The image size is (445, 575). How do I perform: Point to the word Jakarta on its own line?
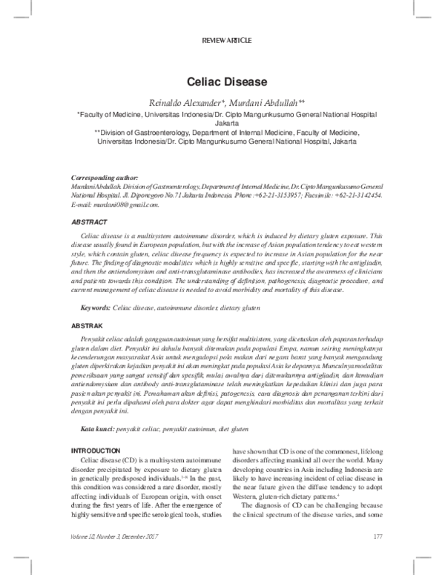tap(222, 125)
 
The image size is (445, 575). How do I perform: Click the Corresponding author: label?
tap(104, 179)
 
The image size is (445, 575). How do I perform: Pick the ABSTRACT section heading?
tap(88, 222)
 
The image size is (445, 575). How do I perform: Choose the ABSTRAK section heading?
tap(87, 325)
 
